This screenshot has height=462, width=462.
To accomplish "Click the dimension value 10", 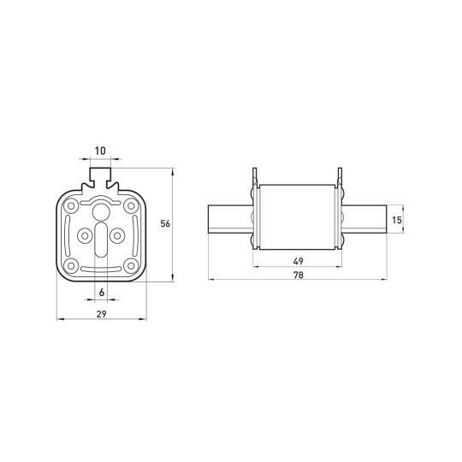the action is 100,151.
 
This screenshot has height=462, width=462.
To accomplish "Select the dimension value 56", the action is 165,223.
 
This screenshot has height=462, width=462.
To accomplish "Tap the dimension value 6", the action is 102,293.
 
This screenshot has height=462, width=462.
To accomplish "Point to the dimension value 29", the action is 101,314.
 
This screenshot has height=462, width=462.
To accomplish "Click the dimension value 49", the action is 299,261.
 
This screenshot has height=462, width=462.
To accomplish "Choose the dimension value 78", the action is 299,275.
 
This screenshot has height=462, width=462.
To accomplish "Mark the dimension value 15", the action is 397,220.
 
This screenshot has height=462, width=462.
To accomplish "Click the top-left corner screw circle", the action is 71,205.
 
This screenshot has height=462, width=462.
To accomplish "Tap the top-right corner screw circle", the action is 130,205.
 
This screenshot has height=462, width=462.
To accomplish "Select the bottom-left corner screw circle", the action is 71,266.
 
